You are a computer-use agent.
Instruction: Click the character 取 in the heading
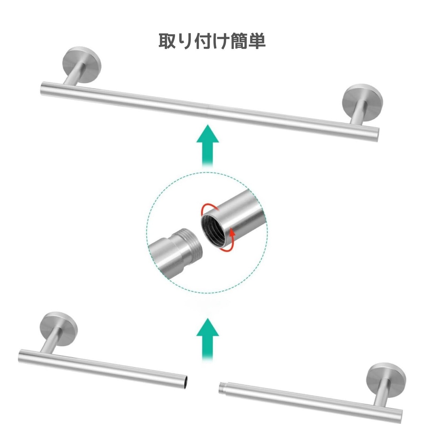pos(168,41)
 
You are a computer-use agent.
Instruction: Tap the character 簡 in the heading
pos(239,41)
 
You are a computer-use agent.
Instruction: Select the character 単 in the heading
pos(257,41)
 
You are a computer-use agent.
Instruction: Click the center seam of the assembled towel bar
pos(208,111)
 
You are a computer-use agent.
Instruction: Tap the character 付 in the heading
pos(203,41)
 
